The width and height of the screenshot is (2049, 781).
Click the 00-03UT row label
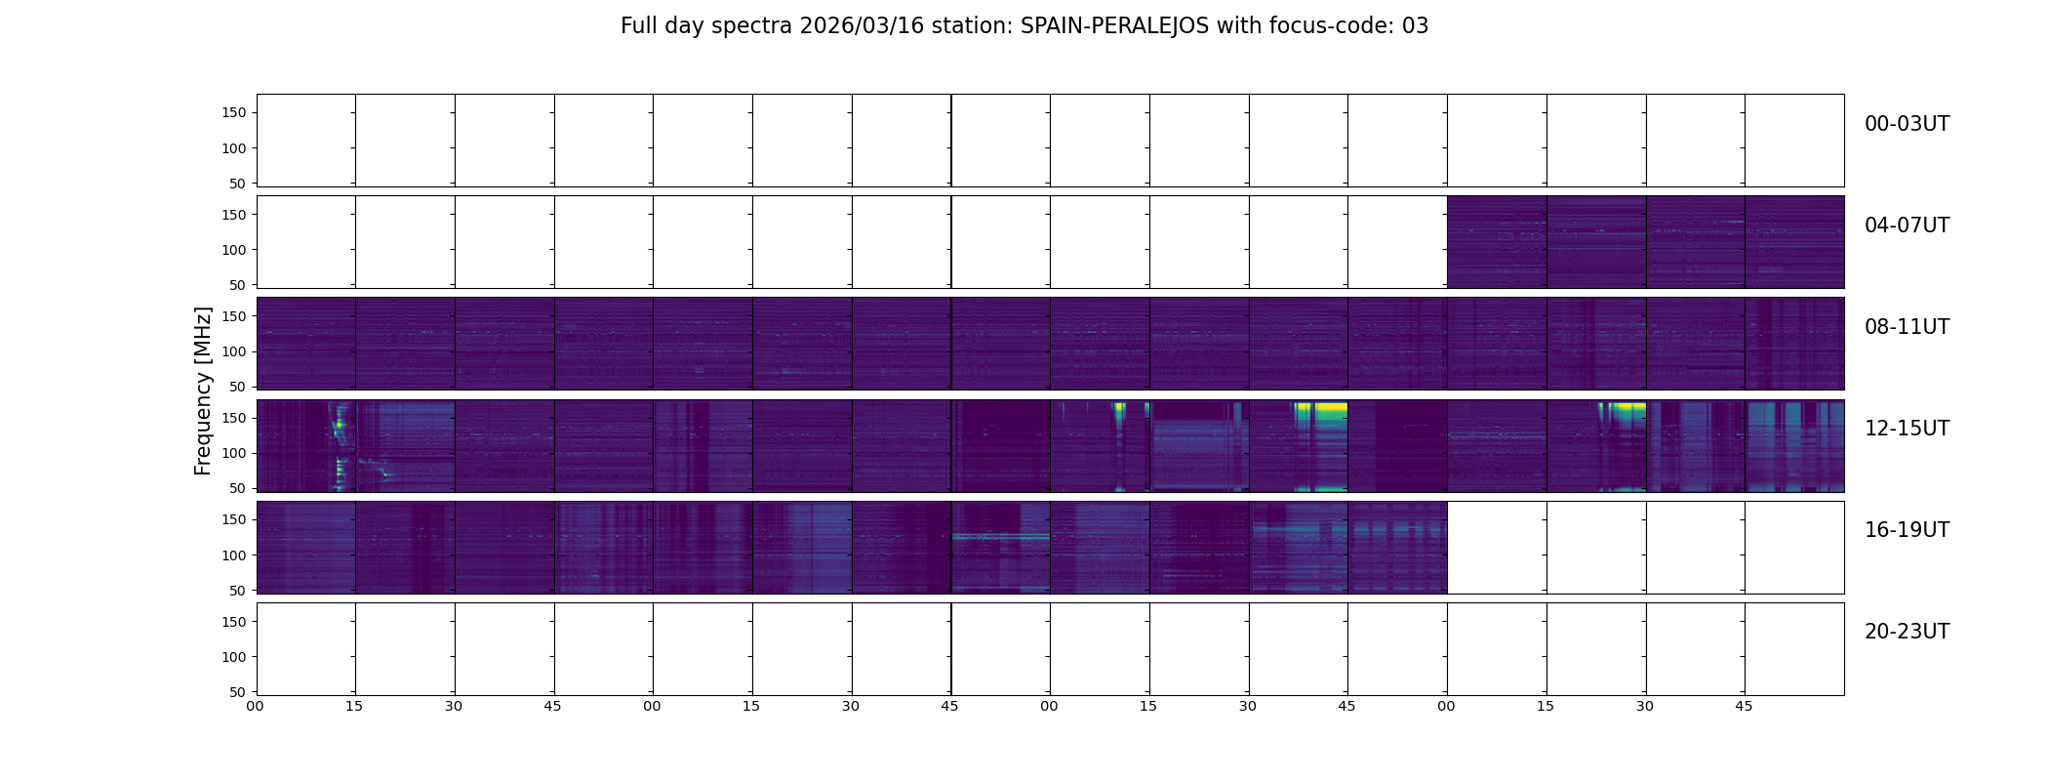[1906, 124]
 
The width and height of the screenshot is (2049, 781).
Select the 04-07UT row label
[1906, 226]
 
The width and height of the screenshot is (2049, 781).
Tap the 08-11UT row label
[1906, 327]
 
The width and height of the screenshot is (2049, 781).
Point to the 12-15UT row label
[1906, 429]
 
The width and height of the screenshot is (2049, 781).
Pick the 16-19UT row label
[1906, 530]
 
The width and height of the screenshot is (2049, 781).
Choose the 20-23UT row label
[1906, 632]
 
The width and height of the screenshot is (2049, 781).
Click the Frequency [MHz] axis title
[203, 390]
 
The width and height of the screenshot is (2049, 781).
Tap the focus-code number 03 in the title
[1415, 26]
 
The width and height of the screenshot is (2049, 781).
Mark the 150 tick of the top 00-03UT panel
[234, 113]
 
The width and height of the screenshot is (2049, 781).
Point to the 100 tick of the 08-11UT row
[234, 351]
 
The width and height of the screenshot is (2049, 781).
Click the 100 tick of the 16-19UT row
[234, 555]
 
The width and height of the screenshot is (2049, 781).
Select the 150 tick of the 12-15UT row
[234, 418]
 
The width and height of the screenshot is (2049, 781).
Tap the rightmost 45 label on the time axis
[1744, 706]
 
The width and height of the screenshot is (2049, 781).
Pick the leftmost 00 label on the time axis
[256, 706]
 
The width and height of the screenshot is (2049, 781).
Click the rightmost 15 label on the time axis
[1546, 706]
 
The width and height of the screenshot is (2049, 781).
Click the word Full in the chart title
[638, 26]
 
